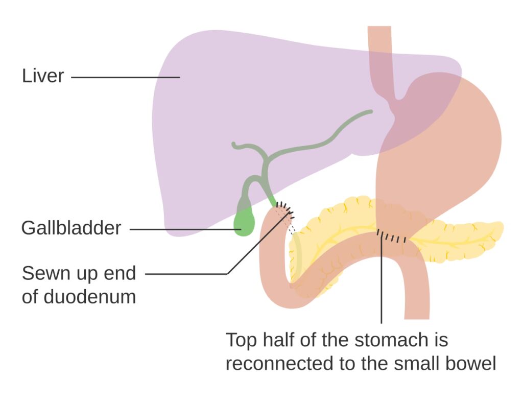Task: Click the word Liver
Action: click(x=43, y=76)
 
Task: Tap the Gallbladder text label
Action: click(x=71, y=228)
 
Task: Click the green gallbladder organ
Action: click(x=244, y=223)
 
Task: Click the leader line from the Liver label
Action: click(x=125, y=78)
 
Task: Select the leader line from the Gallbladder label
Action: click(x=184, y=229)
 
